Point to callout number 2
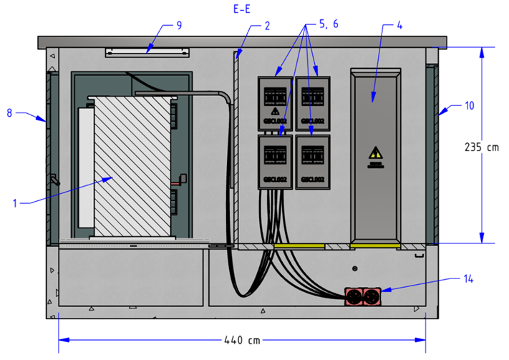click(x=266, y=26)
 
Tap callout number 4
click(x=399, y=26)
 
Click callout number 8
click(x=10, y=112)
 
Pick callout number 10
click(x=469, y=105)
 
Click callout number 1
click(x=15, y=203)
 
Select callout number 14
click(x=468, y=278)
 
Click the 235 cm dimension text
click(x=482, y=147)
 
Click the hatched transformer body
click(x=132, y=167)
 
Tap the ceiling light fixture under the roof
click(x=147, y=51)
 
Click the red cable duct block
click(x=364, y=295)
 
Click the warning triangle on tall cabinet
click(x=374, y=153)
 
